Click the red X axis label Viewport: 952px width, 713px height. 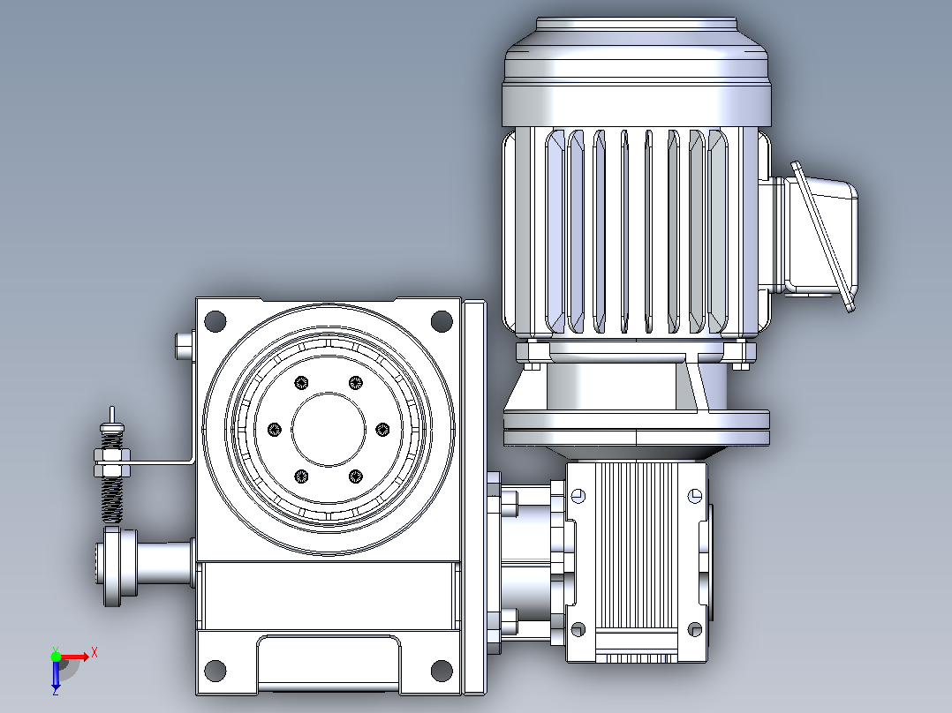(x=94, y=653)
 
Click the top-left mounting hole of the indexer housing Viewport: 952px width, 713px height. (x=215, y=321)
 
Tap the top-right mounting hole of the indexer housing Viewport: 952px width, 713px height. (x=442, y=321)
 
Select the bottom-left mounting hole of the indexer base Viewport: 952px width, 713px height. (x=215, y=671)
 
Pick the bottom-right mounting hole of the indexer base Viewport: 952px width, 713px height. (x=442, y=671)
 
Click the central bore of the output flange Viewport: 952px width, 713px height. (x=329, y=430)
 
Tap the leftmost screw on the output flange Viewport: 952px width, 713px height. (x=275, y=430)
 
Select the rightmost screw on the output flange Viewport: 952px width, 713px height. (x=382, y=430)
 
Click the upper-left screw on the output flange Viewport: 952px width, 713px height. (x=302, y=383)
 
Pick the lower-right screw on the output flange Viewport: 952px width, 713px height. (x=356, y=477)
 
